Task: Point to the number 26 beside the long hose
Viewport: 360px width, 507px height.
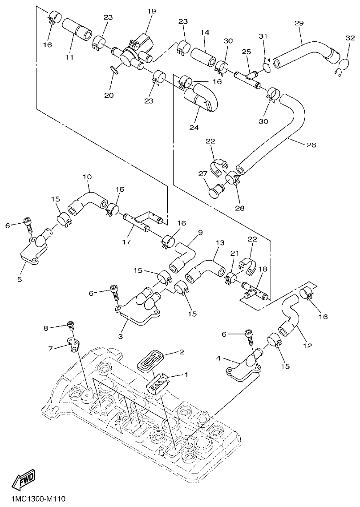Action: (x=310, y=145)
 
